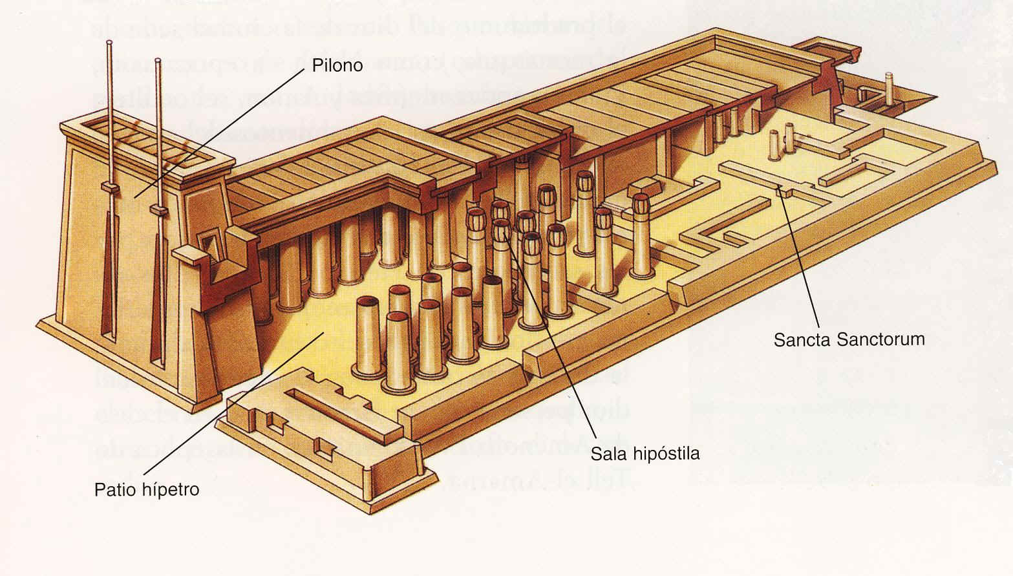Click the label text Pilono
pyautogui.click(x=337, y=65)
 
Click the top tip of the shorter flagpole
pyautogui.click(x=158, y=61)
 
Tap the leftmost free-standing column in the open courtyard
pyautogui.click(x=368, y=336)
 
